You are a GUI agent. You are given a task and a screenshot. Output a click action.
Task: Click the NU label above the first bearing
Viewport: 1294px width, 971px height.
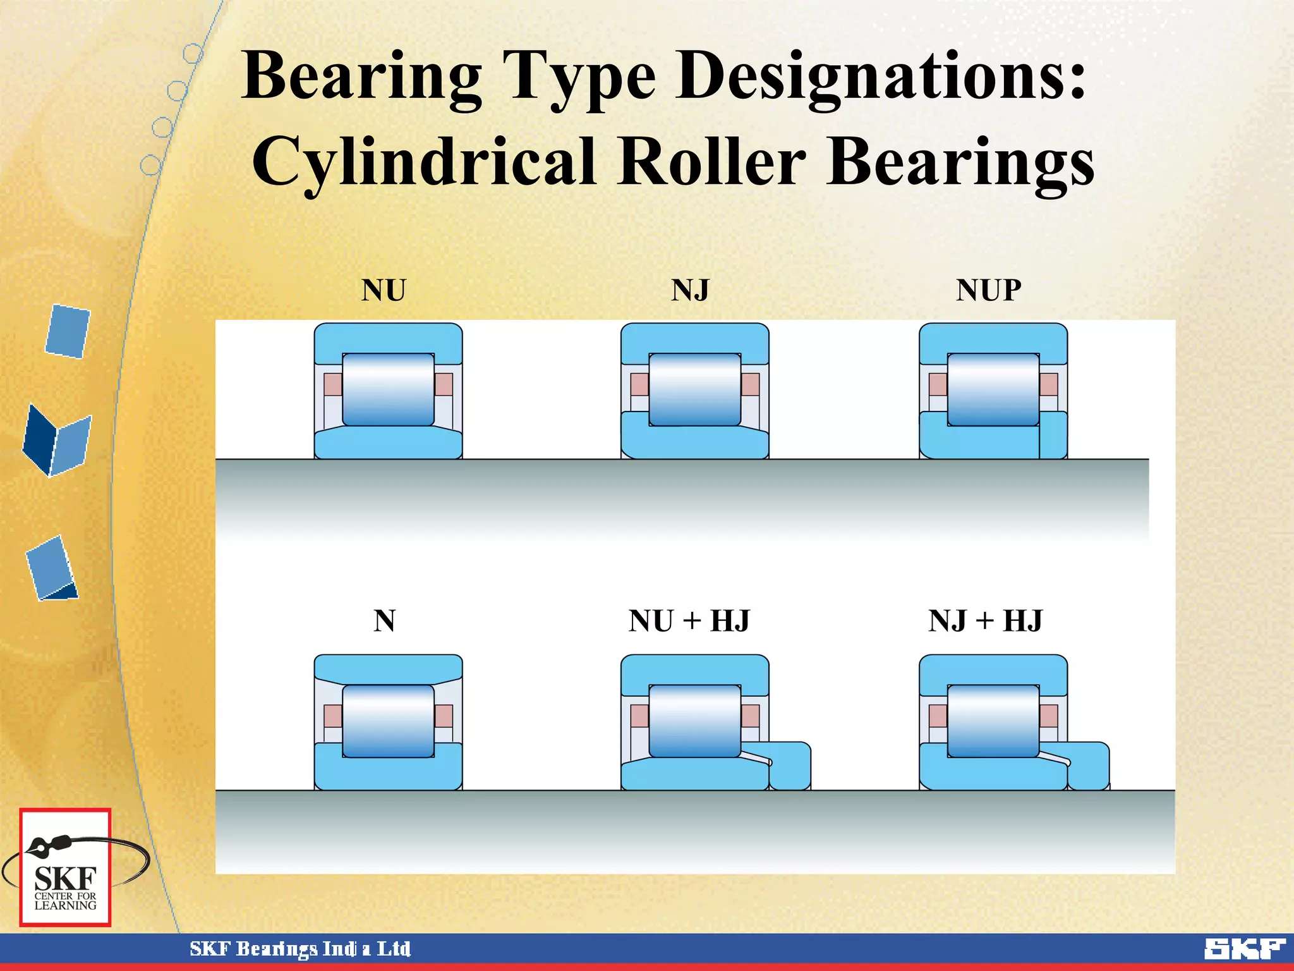384,291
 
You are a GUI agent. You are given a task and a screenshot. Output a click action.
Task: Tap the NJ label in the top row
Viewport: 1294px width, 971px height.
690,291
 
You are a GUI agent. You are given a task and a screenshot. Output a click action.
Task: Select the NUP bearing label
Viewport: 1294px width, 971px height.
988,291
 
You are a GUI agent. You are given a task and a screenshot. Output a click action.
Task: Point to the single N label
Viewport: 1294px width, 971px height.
384,621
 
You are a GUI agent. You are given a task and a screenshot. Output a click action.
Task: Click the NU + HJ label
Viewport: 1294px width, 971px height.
689,621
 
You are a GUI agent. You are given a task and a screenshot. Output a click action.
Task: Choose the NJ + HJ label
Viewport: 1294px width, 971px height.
985,621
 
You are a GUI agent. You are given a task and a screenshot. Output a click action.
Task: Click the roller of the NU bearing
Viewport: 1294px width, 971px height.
388,389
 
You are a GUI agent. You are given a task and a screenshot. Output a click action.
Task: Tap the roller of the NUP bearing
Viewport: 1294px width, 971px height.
993,389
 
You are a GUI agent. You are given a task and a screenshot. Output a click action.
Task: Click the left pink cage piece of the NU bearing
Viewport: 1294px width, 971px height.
332,384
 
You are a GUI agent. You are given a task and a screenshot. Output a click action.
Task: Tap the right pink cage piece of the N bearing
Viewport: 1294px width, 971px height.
444,716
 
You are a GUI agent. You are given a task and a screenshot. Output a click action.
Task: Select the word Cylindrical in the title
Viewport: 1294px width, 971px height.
423,161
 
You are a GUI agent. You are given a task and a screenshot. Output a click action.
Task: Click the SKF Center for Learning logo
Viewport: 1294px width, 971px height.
65,868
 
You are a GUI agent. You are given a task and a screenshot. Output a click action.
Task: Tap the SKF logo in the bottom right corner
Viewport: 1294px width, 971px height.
1244,948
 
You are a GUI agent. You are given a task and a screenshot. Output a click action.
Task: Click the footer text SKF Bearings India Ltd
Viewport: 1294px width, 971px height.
300,949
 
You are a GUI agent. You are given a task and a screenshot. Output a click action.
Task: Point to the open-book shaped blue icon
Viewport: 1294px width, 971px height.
57,441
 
